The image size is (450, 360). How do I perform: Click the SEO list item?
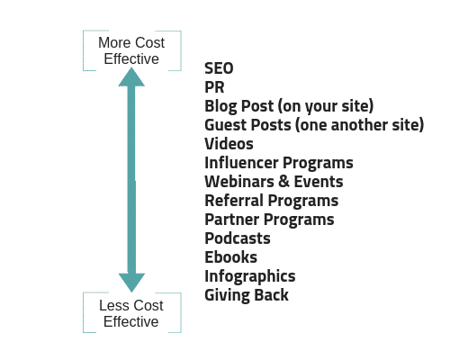point(219,68)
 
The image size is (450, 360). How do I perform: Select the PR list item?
point(214,87)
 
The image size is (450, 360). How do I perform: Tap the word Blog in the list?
point(220,106)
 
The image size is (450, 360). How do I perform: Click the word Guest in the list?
point(223,125)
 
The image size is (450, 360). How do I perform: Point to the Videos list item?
point(229,144)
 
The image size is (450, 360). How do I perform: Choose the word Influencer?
point(242,163)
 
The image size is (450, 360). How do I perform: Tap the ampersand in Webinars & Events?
point(283,182)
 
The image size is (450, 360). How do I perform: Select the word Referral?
point(234,201)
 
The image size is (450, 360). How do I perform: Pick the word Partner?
point(232,220)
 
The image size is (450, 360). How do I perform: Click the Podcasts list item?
point(238,238)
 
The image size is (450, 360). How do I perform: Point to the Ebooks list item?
point(230,257)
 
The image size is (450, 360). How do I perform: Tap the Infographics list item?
point(250,276)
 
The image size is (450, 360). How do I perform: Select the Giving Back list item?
point(247,295)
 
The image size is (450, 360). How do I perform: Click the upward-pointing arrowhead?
point(131,77)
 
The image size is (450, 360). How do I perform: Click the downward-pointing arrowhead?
point(131,283)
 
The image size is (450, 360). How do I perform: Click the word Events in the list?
point(319,182)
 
